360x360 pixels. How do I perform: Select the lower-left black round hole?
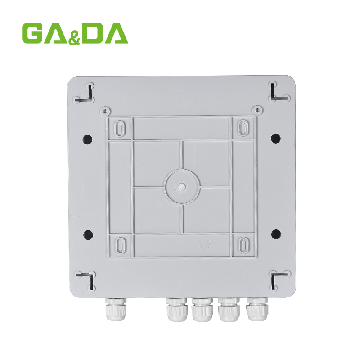tap(88, 234)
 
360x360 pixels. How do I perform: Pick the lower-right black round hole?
tap(276, 234)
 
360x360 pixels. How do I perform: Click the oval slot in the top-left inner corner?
tap(120, 129)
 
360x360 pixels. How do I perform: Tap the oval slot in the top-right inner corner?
tap(243, 129)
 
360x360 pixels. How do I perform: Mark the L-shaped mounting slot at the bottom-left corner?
tap(88, 279)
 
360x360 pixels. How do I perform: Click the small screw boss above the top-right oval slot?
tap(256, 110)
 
